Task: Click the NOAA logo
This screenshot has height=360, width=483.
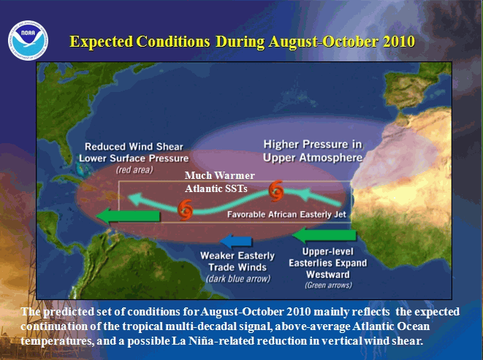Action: click(x=28, y=40)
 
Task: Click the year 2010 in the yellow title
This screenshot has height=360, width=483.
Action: click(x=399, y=42)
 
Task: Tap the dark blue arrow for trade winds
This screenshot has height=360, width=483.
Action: click(x=236, y=241)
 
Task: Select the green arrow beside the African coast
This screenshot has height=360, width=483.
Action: click(x=324, y=236)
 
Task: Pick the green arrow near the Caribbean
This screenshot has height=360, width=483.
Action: click(x=128, y=215)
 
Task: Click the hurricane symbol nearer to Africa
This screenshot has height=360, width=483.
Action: click(x=276, y=191)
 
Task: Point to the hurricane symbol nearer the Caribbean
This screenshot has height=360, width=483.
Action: click(x=185, y=210)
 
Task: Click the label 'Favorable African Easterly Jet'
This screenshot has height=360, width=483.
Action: click(x=286, y=215)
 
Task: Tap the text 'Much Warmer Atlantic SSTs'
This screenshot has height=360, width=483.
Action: click(x=220, y=182)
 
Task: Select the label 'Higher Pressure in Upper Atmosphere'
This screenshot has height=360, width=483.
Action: click(x=313, y=151)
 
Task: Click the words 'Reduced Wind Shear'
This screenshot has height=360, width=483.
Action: click(x=134, y=147)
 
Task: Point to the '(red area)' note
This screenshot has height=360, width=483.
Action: click(x=134, y=169)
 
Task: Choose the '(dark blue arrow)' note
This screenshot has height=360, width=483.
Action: click(x=238, y=279)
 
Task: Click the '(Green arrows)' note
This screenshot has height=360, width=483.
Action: click(x=328, y=286)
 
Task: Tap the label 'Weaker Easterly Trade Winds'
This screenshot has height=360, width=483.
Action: click(x=237, y=261)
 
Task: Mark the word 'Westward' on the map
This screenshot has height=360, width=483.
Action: click(x=328, y=274)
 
